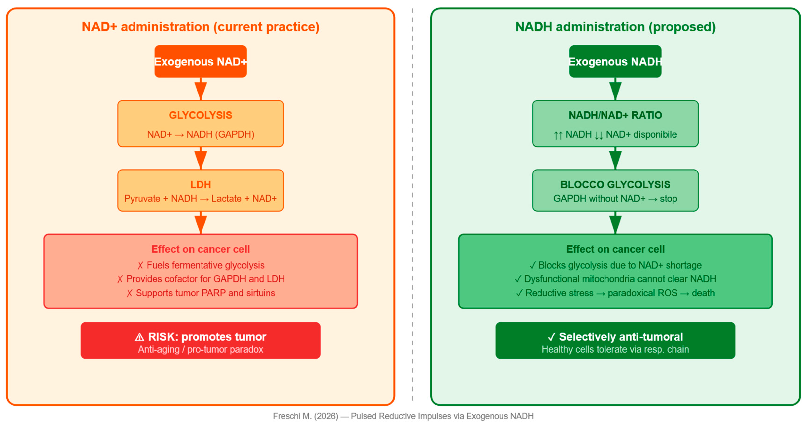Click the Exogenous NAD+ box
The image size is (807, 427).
point(201,62)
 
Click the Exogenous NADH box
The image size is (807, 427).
point(615,62)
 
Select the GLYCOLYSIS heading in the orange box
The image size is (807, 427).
point(201,115)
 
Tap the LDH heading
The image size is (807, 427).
point(201,185)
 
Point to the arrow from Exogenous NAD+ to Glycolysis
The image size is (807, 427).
point(201,90)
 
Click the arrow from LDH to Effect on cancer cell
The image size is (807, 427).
point(201,223)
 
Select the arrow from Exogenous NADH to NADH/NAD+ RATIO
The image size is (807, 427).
point(615,90)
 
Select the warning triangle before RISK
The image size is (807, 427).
point(139,337)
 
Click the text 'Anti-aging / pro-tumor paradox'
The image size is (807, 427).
point(201,349)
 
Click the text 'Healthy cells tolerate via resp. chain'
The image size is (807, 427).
point(615,349)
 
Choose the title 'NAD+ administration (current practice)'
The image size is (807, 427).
point(201,27)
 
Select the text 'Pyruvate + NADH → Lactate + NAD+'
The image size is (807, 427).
point(201,199)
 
